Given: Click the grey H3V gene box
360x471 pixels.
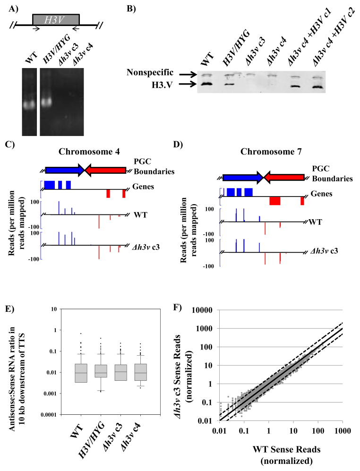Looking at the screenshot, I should pyautogui.click(x=55, y=19).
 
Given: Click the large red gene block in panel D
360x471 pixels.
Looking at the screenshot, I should pyautogui.click(x=274, y=201).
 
